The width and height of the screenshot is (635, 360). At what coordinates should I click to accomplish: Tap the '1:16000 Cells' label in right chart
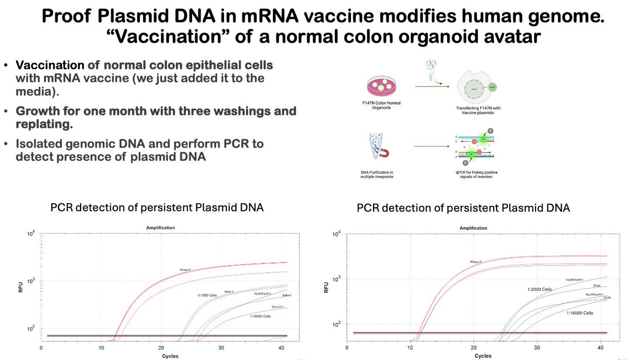click(580, 313)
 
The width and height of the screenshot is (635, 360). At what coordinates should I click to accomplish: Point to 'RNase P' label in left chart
click(185, 270)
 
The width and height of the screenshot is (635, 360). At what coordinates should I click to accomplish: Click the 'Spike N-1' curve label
click(278, 307)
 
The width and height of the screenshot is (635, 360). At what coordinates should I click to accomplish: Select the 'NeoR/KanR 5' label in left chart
click(263, 294)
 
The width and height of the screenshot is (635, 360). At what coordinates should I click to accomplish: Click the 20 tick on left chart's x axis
click(161, 348)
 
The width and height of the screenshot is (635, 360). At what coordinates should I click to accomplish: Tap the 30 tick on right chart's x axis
click(537, 347)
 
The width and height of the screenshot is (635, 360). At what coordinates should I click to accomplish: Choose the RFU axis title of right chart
click(326, 287)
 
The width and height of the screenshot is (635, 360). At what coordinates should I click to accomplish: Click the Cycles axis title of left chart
click(170, 356)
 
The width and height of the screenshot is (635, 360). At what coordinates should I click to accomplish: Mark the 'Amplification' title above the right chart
click(473, 228)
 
